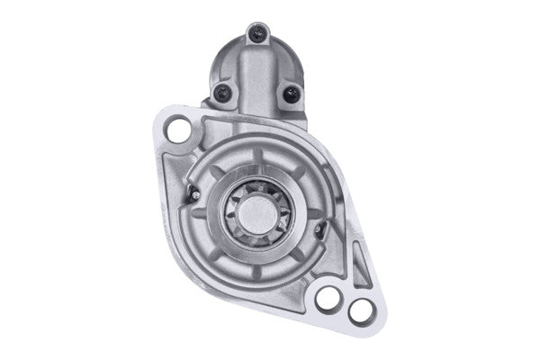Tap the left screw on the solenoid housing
(222, 91)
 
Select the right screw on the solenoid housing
(291, 93)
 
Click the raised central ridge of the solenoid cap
(257, 72)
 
